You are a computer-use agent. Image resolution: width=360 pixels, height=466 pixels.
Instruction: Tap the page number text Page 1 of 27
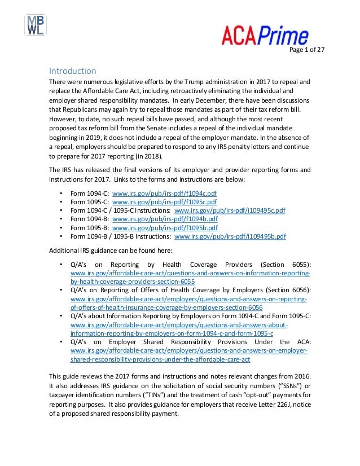[x=308, y=50]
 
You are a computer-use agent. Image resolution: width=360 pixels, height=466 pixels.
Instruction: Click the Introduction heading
[x=72, y=71]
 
